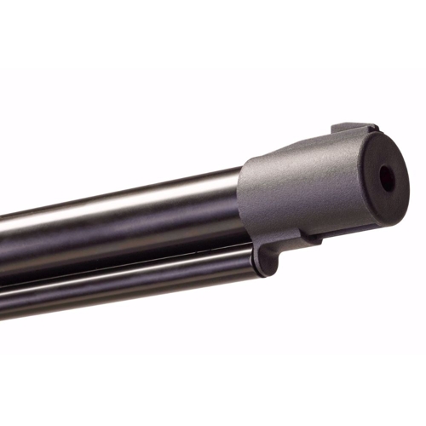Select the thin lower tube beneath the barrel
(x=128, y=285)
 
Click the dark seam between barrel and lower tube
(x=128, y=267)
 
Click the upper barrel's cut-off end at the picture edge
(x=3, y=247)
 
